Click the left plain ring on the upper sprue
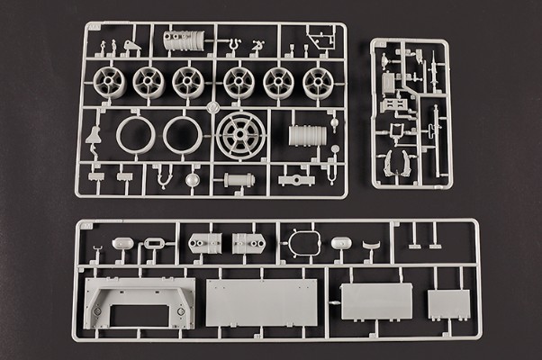[x=135, y=136]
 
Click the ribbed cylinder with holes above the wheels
[x=185, y=40]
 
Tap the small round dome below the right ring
[x=192, y=179]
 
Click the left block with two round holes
[x=203, y=244]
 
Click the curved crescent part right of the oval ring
[x=370, y=245]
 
